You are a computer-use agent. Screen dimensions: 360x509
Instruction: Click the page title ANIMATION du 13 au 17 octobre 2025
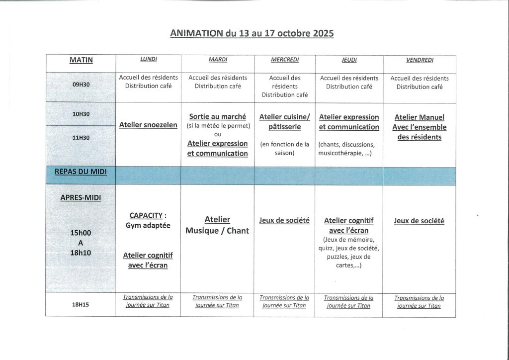click(252, 33)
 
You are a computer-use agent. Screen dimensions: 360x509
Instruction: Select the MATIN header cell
click(81, 60)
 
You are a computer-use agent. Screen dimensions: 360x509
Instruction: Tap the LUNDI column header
click(148, 60)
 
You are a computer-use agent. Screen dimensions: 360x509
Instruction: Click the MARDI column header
click(218, 60)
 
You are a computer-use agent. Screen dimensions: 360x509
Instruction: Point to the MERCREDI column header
click(285, 60)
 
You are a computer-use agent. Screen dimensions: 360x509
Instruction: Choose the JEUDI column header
click(349, 60)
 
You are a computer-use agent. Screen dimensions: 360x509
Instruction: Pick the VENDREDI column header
click(420, 60)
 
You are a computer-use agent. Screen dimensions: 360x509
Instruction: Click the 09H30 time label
click(81, 85)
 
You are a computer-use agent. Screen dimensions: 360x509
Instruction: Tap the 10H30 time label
click(81, 114)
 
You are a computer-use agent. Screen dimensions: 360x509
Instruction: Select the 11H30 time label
click(81, 138)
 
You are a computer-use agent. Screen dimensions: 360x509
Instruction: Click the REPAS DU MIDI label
click(81, 172)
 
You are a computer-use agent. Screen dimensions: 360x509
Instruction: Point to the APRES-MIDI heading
click(81, 197)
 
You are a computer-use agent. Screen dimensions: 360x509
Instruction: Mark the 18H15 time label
click(81, 305)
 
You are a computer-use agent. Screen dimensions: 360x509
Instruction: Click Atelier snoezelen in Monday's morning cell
click(148, 125)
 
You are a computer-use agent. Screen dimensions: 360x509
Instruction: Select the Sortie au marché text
click(218, 116)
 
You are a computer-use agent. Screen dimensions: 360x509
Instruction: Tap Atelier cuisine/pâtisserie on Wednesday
click(284, 122)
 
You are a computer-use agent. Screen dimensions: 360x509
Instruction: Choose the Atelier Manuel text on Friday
click(420, 117)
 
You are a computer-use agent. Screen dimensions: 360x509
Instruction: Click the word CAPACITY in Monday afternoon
click(146, 215)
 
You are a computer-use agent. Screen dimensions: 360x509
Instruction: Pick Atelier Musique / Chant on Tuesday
click(217, 225)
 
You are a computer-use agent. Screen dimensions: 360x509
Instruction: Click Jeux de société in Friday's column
click(419, 221)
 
